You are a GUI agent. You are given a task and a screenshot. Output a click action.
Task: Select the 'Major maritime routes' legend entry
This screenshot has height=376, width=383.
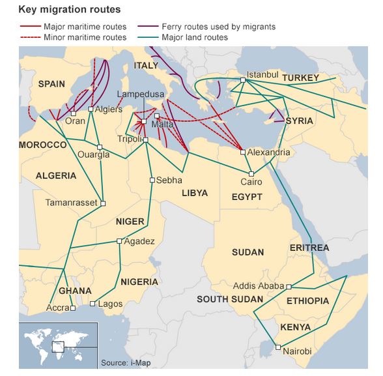tap(85, 27)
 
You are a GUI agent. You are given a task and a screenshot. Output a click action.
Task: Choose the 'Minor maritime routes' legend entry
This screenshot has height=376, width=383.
tap(85, 37)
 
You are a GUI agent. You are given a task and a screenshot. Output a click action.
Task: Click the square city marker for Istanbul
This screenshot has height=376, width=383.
tap(242, 80)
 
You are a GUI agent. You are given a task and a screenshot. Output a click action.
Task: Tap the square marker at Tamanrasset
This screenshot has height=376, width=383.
tap(103, 203)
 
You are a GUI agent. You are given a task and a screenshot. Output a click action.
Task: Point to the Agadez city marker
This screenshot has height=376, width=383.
tap(119, 241)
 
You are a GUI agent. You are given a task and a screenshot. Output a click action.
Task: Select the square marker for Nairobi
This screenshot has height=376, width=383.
tap(278, 347)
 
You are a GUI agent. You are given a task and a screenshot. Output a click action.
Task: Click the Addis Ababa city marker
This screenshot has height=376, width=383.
tap(289, 286)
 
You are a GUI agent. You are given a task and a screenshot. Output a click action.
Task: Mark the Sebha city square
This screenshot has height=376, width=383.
tap(152, 180)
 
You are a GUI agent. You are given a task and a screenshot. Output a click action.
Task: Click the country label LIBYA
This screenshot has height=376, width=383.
tap(194, 194)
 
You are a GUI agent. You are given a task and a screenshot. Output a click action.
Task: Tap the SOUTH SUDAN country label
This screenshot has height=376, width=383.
tap(230, 300)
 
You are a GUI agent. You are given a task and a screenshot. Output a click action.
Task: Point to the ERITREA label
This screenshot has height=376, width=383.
tap(309, 248)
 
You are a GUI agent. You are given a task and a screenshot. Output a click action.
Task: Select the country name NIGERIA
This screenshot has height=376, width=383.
tap(139, 282)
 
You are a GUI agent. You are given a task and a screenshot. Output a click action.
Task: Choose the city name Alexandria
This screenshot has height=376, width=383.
tap(268, 152)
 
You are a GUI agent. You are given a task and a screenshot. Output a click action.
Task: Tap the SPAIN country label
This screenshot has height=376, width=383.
tap(51, 83)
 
